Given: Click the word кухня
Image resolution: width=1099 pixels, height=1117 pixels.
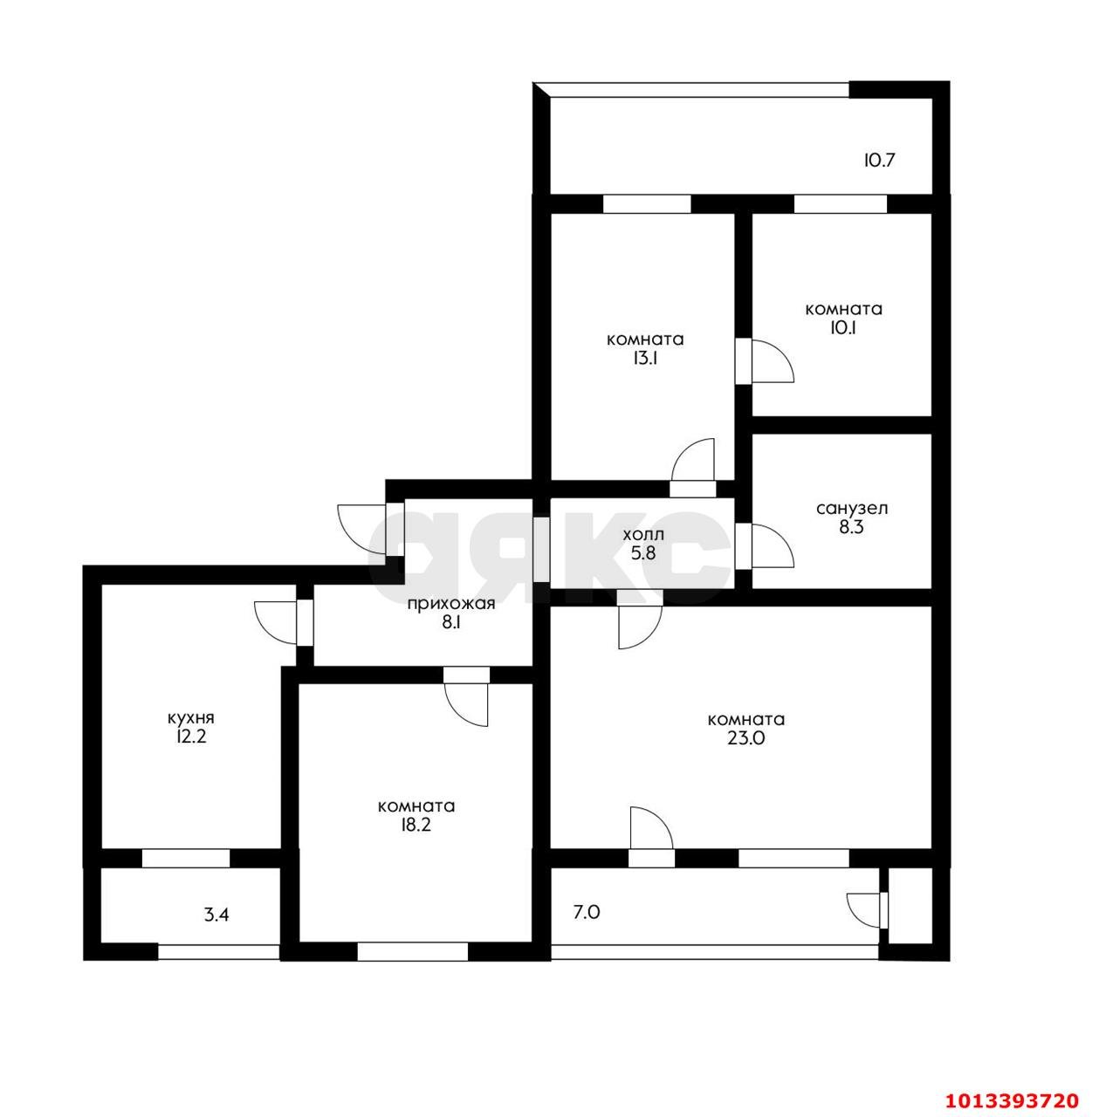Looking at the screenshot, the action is click(191, 718).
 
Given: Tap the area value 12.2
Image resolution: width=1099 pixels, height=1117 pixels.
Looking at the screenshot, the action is click(192, 737).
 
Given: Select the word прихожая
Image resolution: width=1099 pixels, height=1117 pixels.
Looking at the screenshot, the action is click(450, 605).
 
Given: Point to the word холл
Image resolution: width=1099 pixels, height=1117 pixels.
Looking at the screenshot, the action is click(643, 534).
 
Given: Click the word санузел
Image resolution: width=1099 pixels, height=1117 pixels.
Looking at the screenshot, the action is click(852, 509).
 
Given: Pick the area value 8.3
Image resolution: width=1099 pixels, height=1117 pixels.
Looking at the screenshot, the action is click(851, 527).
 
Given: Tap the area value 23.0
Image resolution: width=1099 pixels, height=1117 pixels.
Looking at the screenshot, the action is click(745, 738).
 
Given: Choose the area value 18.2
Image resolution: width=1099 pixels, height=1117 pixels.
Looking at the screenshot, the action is click(416, 825).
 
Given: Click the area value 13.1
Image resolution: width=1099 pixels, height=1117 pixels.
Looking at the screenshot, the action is click(645, 359).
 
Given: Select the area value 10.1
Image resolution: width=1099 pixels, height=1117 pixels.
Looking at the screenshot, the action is click(844, 328).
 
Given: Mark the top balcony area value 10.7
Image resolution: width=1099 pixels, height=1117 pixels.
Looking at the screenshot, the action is click(880, 160).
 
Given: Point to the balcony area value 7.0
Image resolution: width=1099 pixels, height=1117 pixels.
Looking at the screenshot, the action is click(587, 913).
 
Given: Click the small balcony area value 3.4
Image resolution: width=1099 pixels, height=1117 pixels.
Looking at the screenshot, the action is click(216, 915).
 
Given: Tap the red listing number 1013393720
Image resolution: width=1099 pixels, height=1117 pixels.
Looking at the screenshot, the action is click(1013, 1100).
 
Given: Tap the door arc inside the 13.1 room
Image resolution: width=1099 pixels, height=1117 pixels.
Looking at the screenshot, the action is click(685, 452).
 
